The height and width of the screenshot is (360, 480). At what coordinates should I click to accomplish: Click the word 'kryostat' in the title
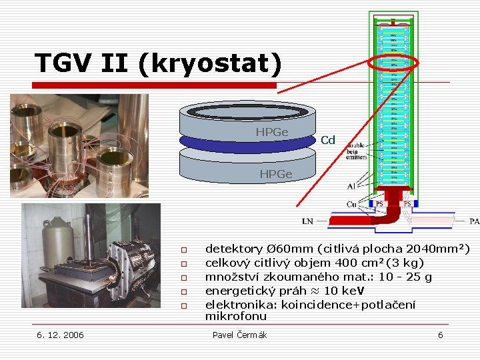tap(213, 63)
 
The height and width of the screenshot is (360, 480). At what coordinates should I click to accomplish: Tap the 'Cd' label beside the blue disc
tap(327, 140)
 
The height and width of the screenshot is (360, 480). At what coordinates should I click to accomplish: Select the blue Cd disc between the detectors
tap(247, 143)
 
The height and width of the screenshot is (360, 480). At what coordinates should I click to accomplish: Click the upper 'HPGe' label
tap(271, 132)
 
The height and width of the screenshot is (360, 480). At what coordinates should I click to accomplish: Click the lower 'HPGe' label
tap(275, 174)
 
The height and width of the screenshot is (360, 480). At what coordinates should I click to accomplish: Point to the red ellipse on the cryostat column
tap(393, 63)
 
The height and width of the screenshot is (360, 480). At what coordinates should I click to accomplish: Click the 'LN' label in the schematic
tap(307, 221)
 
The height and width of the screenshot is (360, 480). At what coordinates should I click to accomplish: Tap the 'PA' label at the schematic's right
tap(474, 221)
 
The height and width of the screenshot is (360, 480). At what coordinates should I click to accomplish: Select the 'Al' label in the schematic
tap(351, 186)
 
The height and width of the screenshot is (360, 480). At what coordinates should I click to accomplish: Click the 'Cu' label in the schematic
tap(351, 203)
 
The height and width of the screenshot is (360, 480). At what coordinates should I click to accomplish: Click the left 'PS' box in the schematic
tap(379, 203)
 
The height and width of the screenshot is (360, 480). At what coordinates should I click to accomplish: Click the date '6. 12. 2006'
tap(60, 335)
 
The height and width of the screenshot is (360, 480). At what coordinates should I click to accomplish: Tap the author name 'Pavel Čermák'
tap(239, 335)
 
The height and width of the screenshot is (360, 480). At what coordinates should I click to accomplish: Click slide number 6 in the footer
tap(440, 335)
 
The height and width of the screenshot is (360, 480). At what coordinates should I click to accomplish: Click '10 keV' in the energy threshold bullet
tap(344, 291)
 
